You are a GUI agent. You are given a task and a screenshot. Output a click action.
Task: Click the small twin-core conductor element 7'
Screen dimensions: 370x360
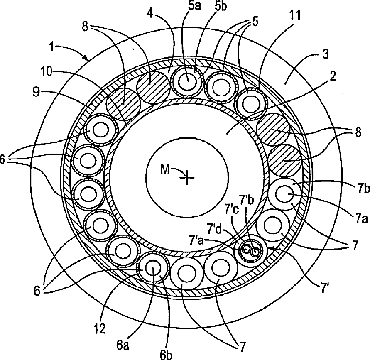pos(250,252)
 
